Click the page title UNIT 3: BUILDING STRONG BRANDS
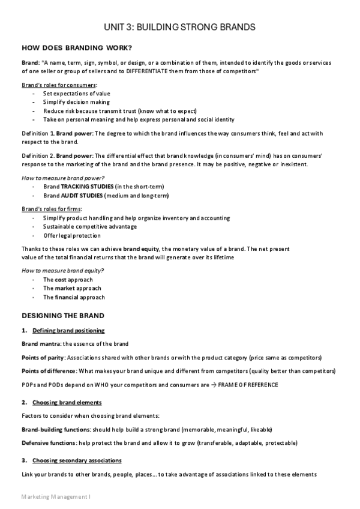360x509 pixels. (180, 27)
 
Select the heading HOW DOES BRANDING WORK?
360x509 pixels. (77, 48)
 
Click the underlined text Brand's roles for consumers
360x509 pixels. (59, 85)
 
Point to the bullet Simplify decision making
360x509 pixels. (76, 102)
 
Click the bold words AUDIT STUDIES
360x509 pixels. (82, 196)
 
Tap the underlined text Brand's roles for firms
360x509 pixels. (52, 208)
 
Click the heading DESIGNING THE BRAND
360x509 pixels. (63, 315)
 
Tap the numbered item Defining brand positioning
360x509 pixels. (68, 331)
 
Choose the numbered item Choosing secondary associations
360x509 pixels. (77, 460)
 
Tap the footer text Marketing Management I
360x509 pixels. (55, 497)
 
